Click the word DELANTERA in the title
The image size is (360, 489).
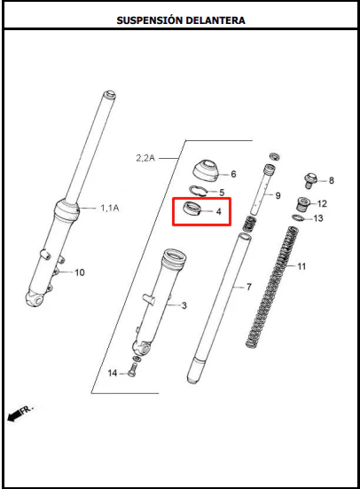[215, 20]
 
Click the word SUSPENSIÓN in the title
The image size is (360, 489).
[149, 20]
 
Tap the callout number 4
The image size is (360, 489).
[218, 211]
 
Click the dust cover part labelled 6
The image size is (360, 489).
[206, 170]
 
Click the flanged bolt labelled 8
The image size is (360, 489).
[310, 180]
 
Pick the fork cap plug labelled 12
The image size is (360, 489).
[302, 204]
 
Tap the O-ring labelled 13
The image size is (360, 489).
[298, 217]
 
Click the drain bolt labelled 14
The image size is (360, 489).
[132, 370]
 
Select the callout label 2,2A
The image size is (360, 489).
[145, 158]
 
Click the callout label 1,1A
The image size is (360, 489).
[109, 208]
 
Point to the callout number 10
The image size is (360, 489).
[80, 272]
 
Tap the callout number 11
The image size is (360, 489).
[301, 266]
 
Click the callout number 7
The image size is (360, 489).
[248, 287]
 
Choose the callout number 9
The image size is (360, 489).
[278, 195]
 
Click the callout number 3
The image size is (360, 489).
[184, 305]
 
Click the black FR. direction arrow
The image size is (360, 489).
[13, 415]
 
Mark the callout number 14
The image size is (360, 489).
[113, 373]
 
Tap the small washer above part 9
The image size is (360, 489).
[275, 156]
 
